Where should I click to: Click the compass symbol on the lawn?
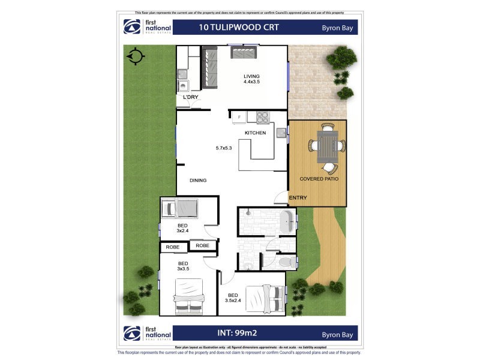pyautogui.click(x=136, y=56)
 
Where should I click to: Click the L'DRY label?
pyautogui.click(x=191, y=97)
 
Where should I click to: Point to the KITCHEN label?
pyautogui.click(x=255, y=133)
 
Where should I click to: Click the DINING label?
pyautogui.click(x=198, y=180)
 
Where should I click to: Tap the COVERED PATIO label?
pyautogui.click(x=318, y=179)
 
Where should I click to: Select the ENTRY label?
pyautogui.click(x=298, y=198)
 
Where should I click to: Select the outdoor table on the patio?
pyautogui.click(x=326, y=146)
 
